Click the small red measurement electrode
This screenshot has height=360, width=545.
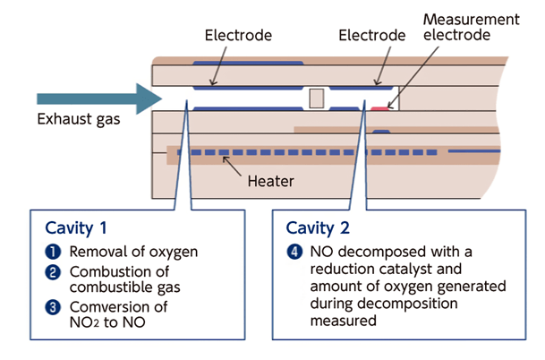click(381, 108)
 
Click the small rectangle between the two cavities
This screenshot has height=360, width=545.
click(315, 98)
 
